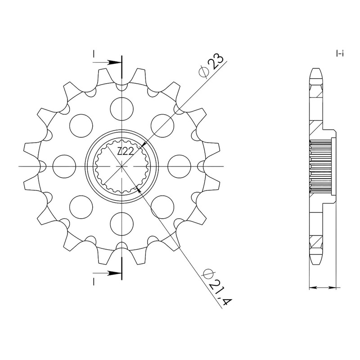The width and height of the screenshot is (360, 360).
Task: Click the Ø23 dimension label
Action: pyautogui.click(x=211, y=65)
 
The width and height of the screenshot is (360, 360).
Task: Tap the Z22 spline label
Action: pyautogui.click(x=125, y=152)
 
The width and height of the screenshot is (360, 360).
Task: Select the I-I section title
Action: pyautogui.click(x=340, y=54)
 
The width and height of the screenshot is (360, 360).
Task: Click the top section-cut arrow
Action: pyautogui.click(x=107, y=62)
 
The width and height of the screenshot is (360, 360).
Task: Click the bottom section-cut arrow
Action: pyautogui.click(x=107, y=273)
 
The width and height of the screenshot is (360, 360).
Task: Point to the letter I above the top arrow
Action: pyautogui.click(x=94, y=54)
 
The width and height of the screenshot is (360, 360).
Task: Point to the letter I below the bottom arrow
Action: pyautogui.click(x=94, y=282)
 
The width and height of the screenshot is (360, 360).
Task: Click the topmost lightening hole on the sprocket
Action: pyautogui.click(x=121, y=109)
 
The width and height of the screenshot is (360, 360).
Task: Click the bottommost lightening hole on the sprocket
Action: pyautogui.click(x=121, y=224)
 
